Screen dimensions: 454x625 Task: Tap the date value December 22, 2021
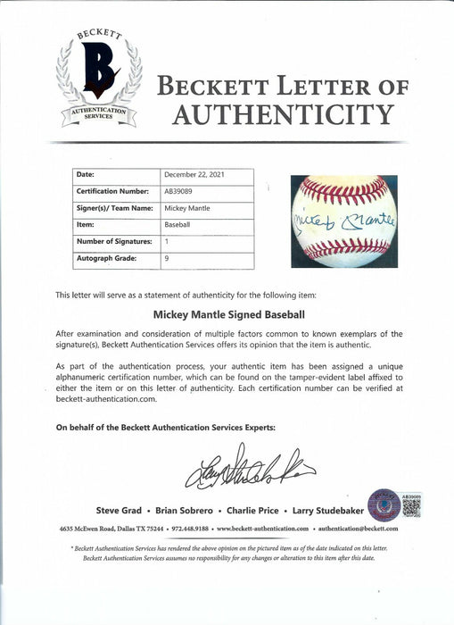pos(194,176)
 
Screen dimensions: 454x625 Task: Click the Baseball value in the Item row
pos(178,226)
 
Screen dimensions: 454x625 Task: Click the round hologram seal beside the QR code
pos(384,504)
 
